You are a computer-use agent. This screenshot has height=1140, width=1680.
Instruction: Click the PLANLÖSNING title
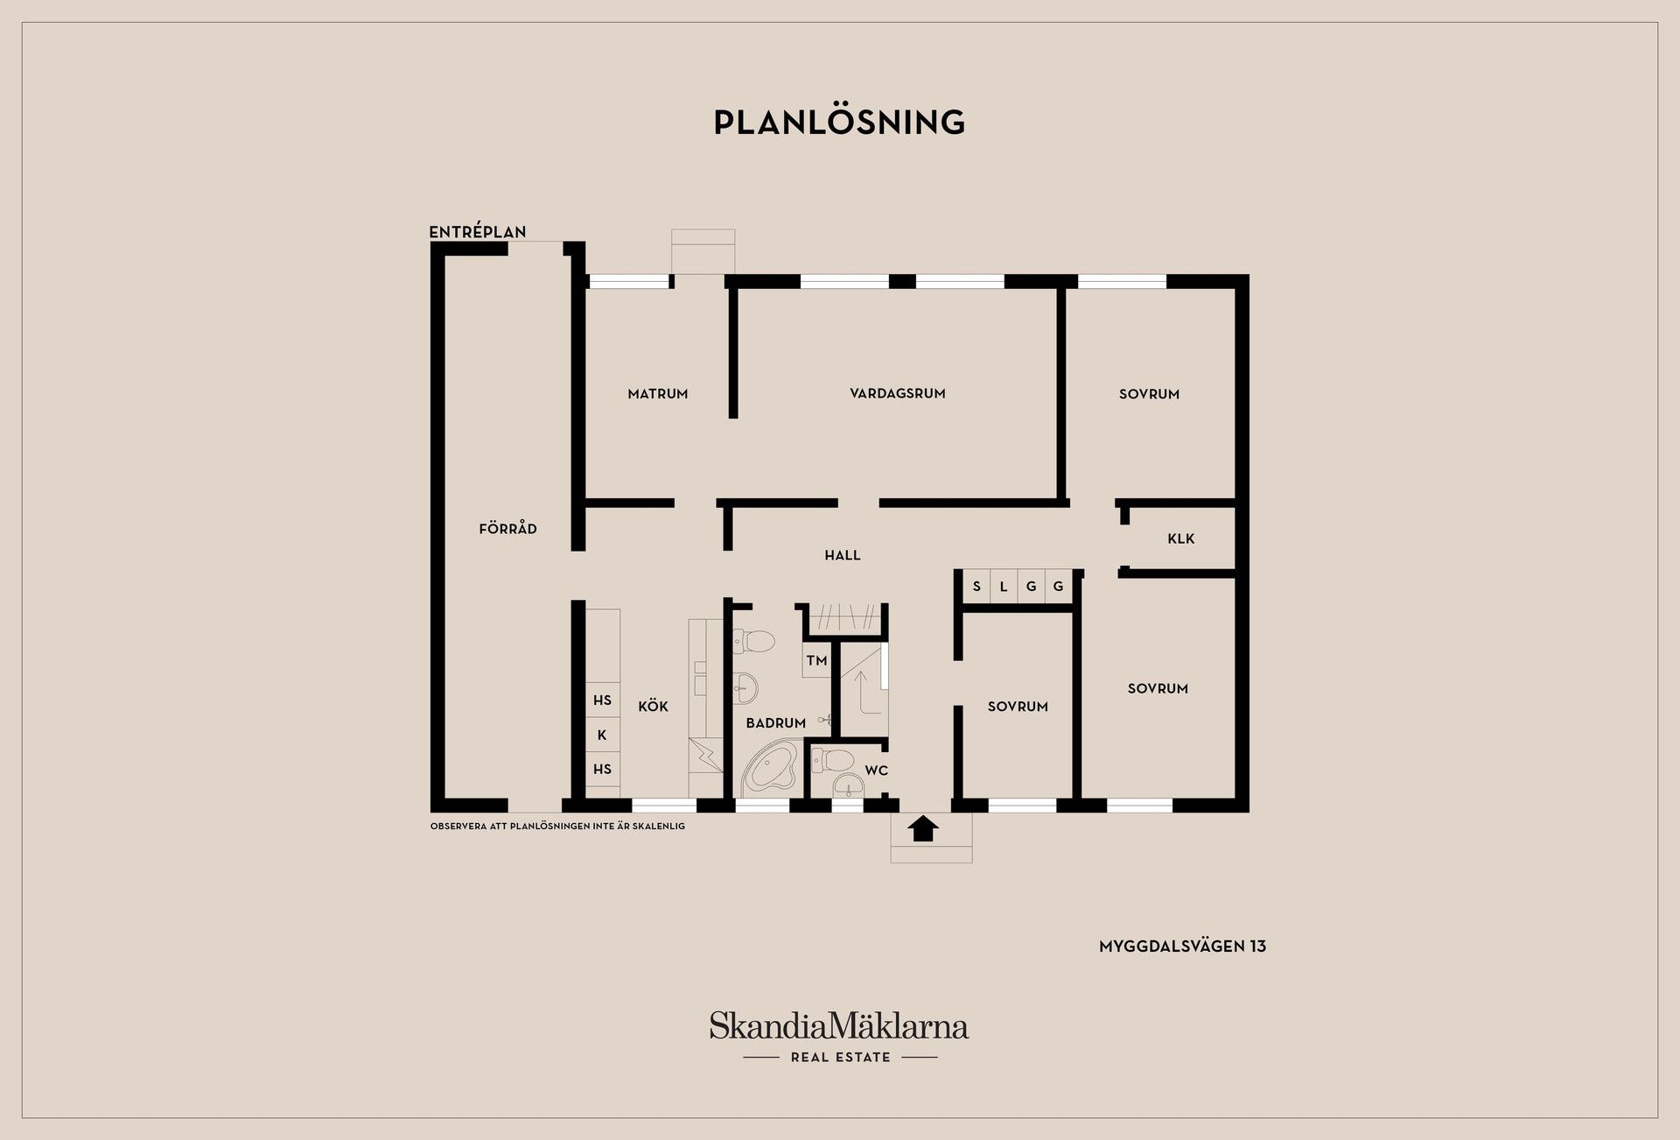coord(839,122)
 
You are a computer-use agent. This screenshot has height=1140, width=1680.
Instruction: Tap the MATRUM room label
coord(658,394)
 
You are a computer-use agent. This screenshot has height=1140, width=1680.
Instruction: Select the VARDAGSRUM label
coord(898,394)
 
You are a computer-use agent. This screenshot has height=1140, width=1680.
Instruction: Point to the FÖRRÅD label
coord(507,528)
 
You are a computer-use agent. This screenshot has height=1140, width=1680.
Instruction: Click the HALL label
coord(843,555)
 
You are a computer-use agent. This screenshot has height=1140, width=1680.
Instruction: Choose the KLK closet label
coord(1181,538)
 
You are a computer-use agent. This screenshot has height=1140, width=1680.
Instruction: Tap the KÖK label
coord(653,706)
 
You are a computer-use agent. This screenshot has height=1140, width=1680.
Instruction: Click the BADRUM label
coord(776,723)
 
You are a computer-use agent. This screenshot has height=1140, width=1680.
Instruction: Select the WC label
coord(877,771)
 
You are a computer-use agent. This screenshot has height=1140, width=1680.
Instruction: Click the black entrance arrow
coord(923,828)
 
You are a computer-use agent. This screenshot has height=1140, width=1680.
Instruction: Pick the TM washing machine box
coord(817,660)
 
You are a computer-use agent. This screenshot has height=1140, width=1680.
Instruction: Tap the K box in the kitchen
coord(602,735)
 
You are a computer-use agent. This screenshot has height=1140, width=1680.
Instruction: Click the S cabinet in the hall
coord(976,587)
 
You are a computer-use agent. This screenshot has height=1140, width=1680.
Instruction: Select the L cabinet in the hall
coord(1004,587)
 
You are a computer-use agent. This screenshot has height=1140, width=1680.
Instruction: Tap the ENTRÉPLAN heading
coord(478,232)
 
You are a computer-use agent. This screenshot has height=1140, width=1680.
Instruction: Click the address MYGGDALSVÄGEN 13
coord(1183,946)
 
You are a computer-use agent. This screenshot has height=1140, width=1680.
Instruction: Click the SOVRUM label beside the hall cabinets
coord(1018,707)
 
